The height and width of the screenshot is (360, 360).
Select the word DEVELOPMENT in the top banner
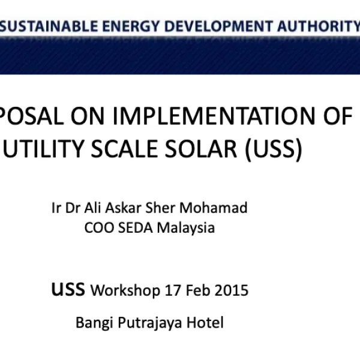tap(218, 26)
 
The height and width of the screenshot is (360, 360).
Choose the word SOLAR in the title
tap(205, 149)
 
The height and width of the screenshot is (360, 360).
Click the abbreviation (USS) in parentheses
tap(273, 149)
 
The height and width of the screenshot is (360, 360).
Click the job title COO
tap(97, 228)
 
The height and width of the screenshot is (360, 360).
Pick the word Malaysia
tap(185, 228)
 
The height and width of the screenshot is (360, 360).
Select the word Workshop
tap(124, 291)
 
